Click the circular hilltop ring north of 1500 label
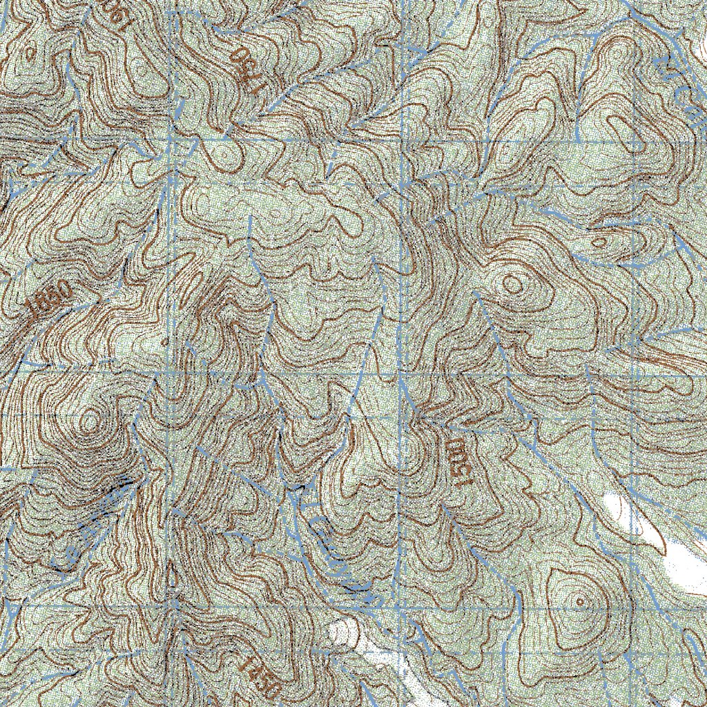512,283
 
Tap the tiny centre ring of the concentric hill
580,601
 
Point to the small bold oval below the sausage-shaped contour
599,242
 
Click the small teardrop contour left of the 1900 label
29,51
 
